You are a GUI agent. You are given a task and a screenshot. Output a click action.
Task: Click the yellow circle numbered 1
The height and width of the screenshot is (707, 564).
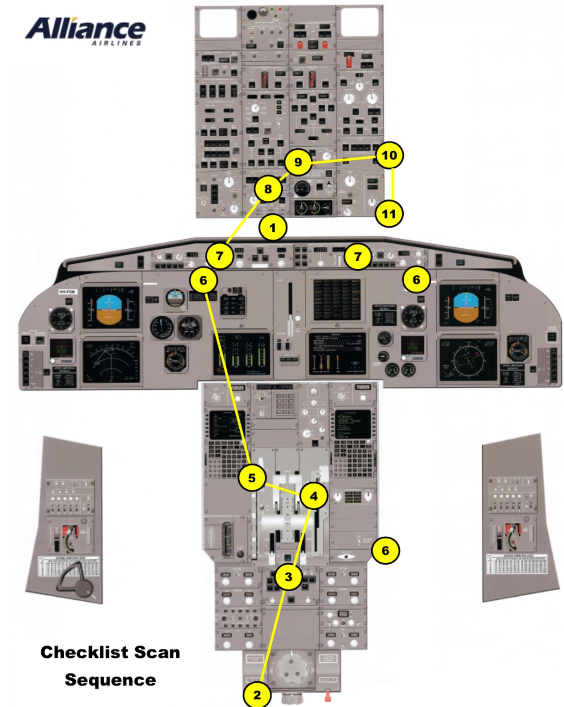coord(273,228)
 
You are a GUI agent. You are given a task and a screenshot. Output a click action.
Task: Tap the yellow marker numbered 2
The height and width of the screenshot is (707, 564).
coord(257,695)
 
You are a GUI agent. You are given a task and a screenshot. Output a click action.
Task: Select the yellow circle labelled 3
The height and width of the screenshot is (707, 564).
coord(288,577)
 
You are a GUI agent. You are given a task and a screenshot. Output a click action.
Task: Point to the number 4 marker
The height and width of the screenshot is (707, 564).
coord(313,496)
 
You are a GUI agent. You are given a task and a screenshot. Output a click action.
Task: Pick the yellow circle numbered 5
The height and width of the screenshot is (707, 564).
coord(252,478)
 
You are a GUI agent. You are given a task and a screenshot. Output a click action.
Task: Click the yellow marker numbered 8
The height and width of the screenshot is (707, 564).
coord(268,189)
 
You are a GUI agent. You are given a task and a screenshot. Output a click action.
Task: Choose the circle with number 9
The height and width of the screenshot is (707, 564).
coord(298,162)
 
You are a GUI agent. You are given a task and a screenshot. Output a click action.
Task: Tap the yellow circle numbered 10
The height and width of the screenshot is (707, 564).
coord(389,155)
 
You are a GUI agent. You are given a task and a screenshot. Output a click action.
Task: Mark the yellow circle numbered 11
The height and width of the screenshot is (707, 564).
coord(389,214)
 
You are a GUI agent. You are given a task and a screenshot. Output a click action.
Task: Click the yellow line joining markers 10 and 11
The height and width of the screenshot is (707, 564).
coord(393,185)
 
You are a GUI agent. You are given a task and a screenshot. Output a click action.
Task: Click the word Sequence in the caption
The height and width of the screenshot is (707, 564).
coord(110,680)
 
